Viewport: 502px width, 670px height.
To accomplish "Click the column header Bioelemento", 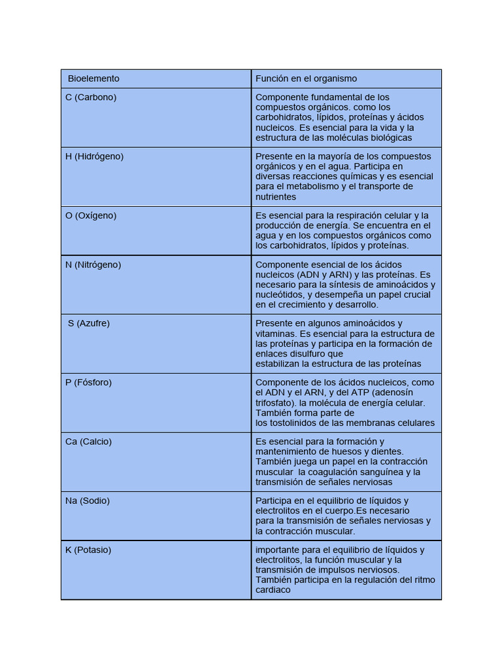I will (x=93, y=79).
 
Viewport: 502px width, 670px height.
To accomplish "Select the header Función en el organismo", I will (x=306, y=79).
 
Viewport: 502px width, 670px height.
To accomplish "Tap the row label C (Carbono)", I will (x=91, y=97).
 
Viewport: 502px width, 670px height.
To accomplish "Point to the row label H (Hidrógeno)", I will (x=94, y=156).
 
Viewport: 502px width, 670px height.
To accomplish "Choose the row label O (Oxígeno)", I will (x=91, y=215).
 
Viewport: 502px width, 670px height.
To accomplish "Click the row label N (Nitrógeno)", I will (x=93, y=264).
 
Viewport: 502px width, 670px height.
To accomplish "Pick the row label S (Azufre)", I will (x=89, y=323).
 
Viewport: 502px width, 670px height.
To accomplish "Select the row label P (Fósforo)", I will (x=88, y=382).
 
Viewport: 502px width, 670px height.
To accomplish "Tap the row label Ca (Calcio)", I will (x=88, y=442).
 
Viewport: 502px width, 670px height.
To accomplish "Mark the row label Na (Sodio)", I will (x=87, y=501).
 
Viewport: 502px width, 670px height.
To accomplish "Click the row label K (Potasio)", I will (x=88, y=550).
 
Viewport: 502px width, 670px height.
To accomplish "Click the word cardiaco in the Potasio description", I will (x=273, y=590).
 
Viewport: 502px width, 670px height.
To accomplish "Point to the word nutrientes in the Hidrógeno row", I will (x=276, y=196).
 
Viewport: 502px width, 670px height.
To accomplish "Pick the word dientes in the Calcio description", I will (x=388, y=451).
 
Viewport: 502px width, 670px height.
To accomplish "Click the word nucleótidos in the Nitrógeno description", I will (x=278, y=294).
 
